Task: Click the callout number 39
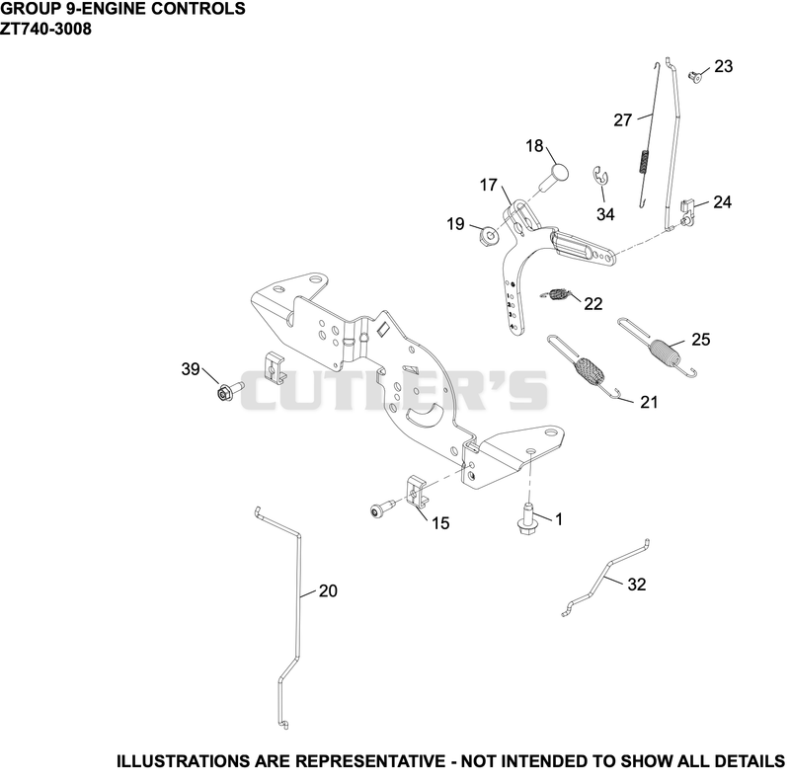click(x=191, y=369)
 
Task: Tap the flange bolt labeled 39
click(x=229, y=390)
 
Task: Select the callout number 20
click(x=328, y=590)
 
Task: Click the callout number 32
click(x=636, y=584)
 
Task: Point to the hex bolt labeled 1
click(x=526, y=519)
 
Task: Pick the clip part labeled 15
click(x=416, y=492)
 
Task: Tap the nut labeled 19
click(x=488, y=235)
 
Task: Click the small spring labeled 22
click(x=557, y=294)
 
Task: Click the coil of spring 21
click(x=589, y=371)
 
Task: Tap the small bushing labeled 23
click(x=695, y=77)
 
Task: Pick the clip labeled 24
click(x=687, y=211)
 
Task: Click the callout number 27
click(x=623, y=119)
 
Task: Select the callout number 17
click(x=488, y=185)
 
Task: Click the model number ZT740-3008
click(x=45, y=30)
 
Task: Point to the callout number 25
click(x=701, y=339)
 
